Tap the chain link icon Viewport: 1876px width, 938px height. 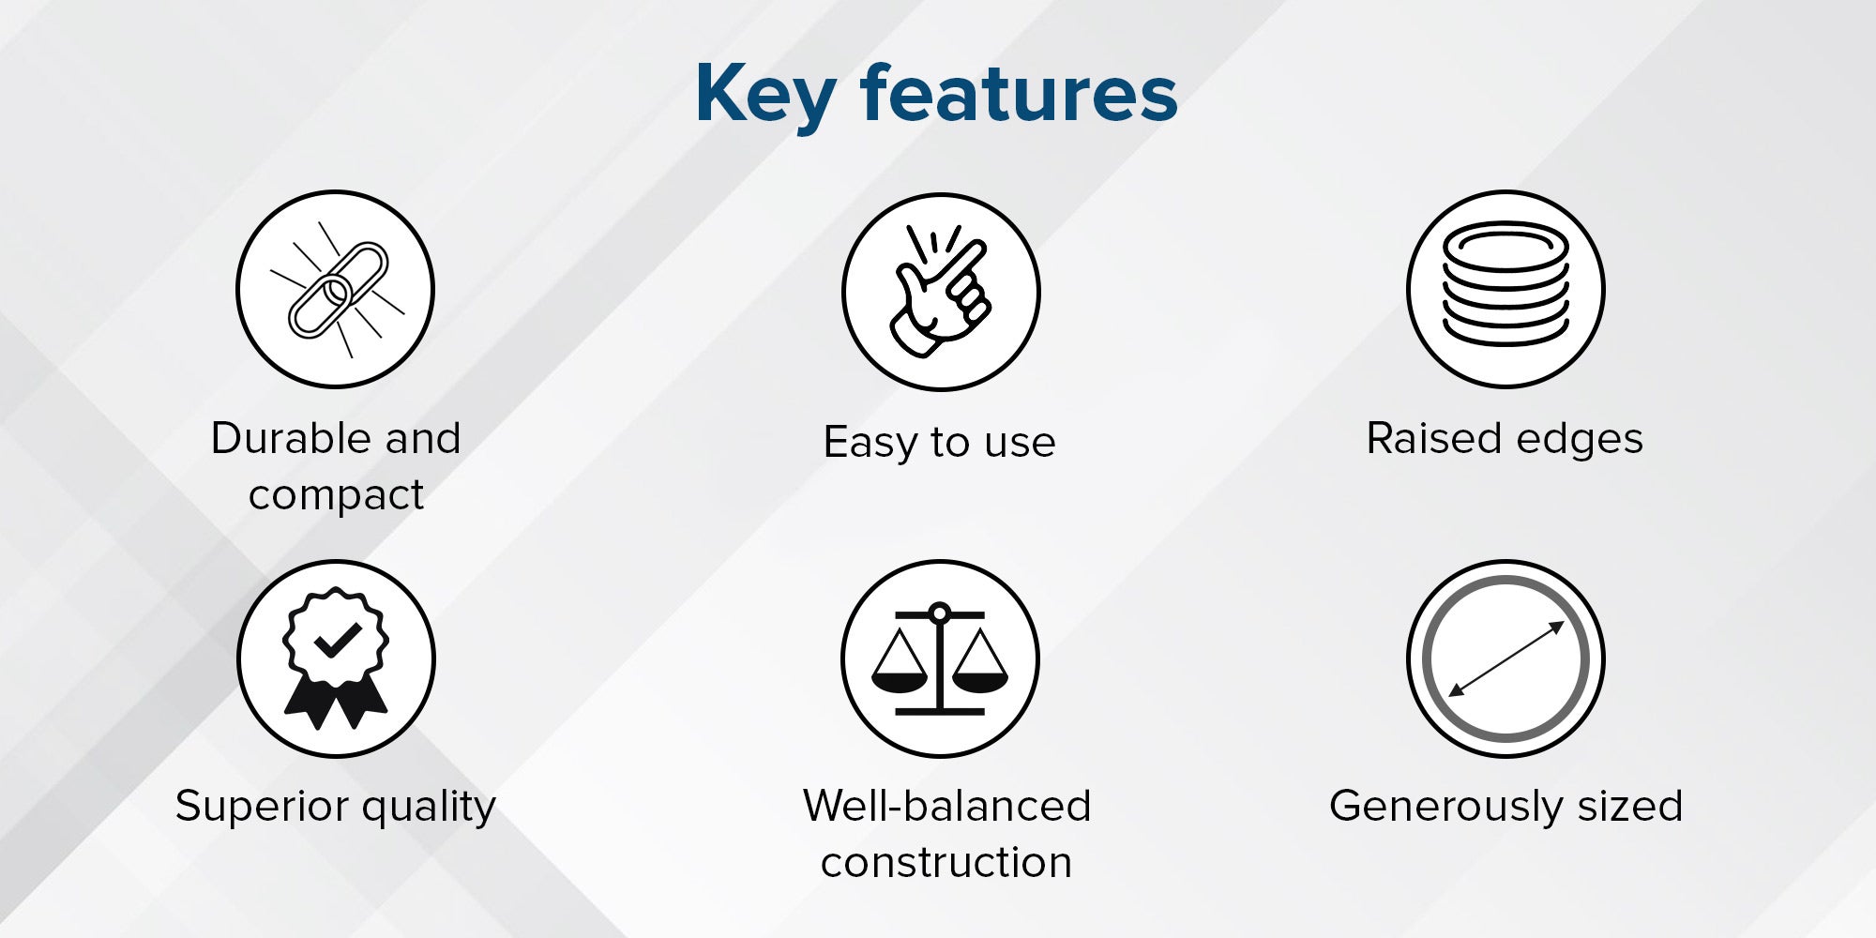337,290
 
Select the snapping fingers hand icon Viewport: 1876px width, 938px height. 939,291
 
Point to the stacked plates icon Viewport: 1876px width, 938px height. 1505,284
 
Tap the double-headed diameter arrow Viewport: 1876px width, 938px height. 1505,659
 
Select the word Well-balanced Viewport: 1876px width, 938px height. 946,805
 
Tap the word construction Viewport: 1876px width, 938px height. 946,862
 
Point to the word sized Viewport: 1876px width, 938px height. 1630,806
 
